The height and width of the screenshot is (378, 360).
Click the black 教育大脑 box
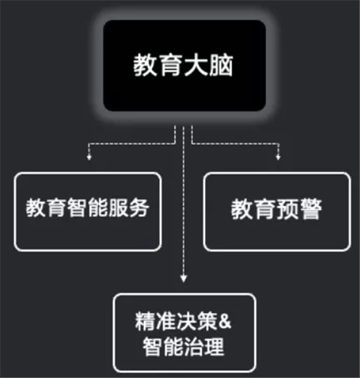coord(185,66)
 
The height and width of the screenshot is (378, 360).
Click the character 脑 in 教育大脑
coord(221,66)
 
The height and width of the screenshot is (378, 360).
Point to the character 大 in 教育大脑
coord(196,66)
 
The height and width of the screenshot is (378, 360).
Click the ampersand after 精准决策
coord(225,322)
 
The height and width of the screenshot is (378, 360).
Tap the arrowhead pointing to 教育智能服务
coord(89,157)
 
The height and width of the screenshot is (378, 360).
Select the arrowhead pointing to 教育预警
coord(278,157)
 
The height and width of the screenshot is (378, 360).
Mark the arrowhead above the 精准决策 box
coord(184,279)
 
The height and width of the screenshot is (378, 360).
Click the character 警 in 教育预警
coord(310,209)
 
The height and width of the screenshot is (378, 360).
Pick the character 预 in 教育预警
coord(288,209)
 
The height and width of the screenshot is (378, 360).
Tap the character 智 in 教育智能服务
coord(77,208)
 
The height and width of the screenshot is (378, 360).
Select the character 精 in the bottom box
coord(145,322)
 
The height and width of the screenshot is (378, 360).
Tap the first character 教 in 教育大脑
coord(146,66)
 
